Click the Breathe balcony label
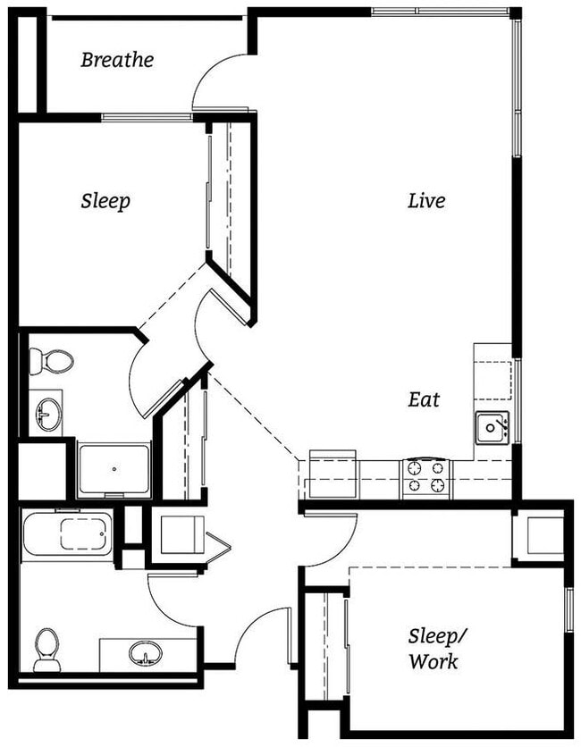(x=117, y=61)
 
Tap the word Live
(x=426, y=201)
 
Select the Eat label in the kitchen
(x=425, y=399)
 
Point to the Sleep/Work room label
(x=434, y=649)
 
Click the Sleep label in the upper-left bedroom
(x=105, y=201)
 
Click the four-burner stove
(x=426, y=476)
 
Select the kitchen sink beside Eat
(x=491, y=426)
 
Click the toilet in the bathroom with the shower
(x=54, y=362)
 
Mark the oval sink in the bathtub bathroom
(x=143, y=654)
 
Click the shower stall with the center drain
(x=114, y=469)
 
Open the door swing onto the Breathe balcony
(x=219, y=80)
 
